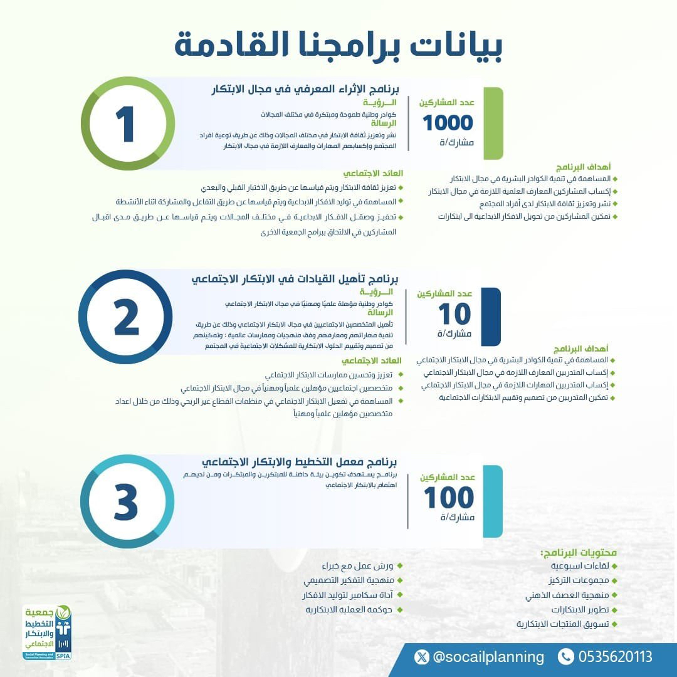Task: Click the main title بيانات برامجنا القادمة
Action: point(338,45)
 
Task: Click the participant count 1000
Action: point(448,123)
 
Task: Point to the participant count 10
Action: point(454,313)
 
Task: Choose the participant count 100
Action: point(449,498)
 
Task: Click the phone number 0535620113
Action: point(615,657)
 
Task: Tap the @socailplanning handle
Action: point(488,657)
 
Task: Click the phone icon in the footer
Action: point(565,657)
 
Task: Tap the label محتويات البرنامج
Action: point(578,552)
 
